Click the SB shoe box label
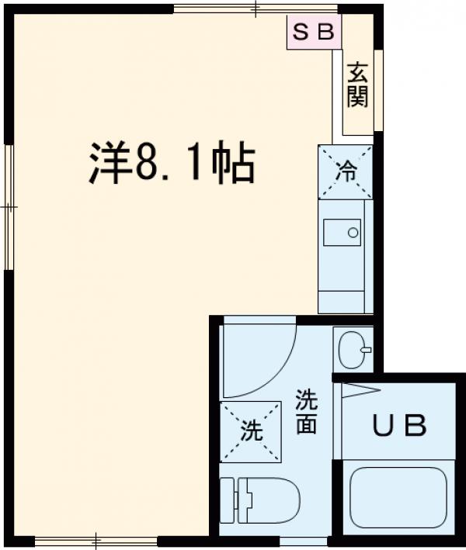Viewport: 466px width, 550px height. [313, 33]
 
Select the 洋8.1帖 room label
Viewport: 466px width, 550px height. [171, 164]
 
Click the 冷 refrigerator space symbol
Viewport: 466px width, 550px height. [346, 171]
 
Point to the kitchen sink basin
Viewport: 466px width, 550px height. [343, 232]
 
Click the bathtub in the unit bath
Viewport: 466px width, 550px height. [397, 496]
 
